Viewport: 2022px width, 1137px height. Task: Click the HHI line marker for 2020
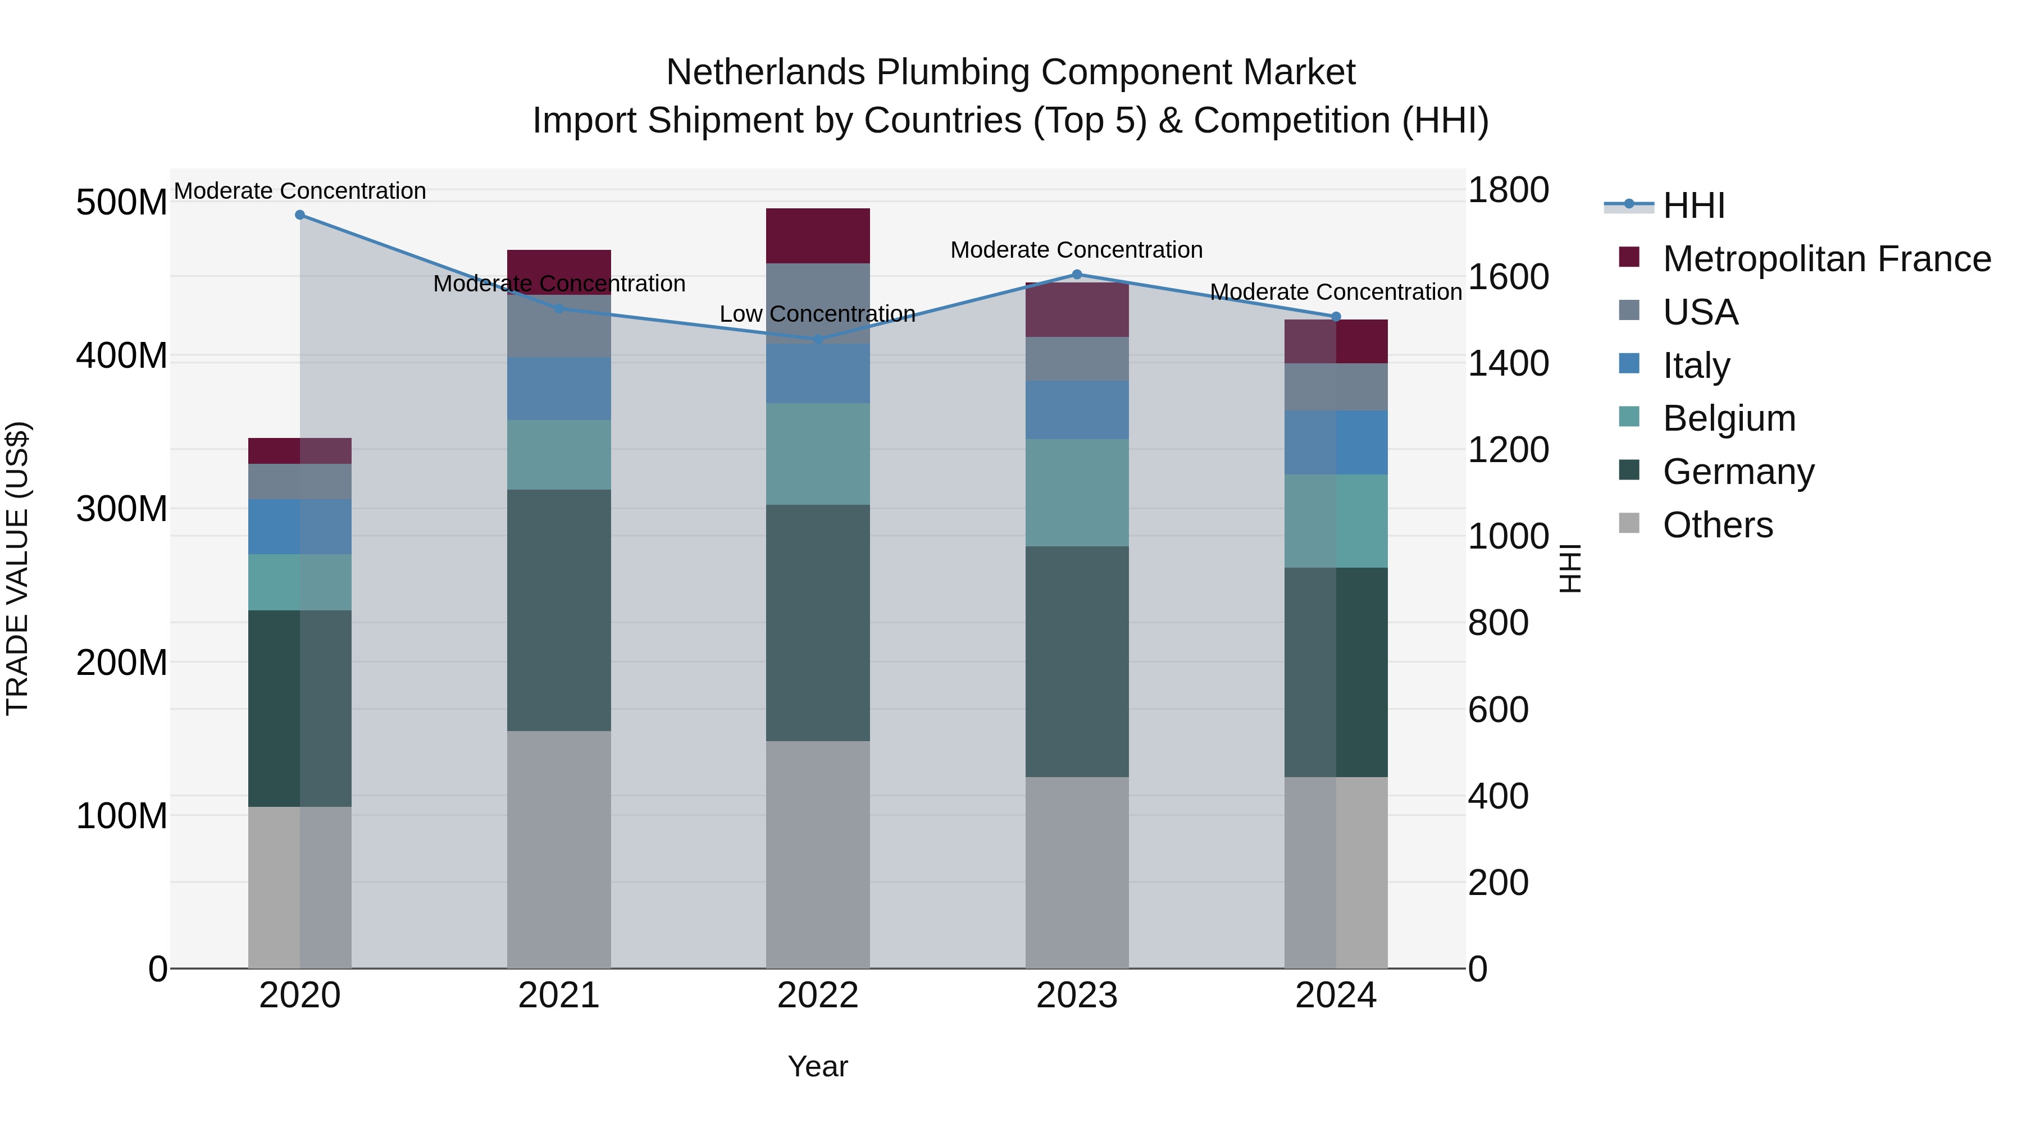coord(300,215)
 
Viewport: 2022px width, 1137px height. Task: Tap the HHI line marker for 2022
coord(817,340)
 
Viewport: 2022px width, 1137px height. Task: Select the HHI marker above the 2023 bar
coord(1077,275)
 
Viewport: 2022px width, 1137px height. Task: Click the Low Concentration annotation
coord(817,314)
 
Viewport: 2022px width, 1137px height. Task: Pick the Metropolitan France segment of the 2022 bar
coord(817,235)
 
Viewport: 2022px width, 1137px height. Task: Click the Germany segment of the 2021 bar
coord(559,610)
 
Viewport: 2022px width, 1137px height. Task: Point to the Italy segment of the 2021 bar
coord(559,389)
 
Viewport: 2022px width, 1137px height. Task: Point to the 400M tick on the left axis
coord(122,356)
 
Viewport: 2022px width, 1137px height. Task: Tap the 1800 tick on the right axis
coord(1507,191)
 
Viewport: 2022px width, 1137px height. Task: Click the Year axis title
coord(817,1066)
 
